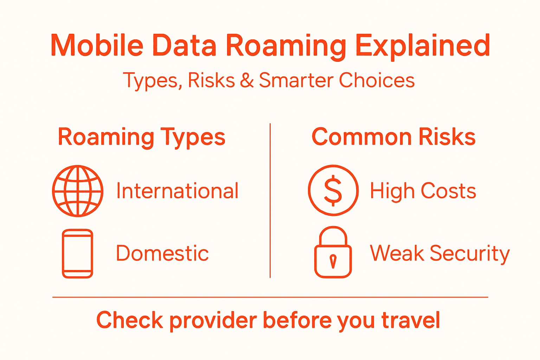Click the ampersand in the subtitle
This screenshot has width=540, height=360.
247,81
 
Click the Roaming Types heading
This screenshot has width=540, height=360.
141,137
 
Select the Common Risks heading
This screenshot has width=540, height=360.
393,137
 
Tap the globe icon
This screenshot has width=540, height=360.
78,191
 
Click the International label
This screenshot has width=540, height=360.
178,191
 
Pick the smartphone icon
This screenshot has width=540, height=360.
77,253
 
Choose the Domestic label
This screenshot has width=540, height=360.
162,253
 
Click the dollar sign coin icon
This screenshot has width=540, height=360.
333,190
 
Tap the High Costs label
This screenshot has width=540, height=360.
423,191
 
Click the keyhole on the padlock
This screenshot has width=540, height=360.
333,261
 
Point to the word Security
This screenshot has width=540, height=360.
470,253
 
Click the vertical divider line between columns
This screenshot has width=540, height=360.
270,200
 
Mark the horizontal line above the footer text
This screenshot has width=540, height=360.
270,297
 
